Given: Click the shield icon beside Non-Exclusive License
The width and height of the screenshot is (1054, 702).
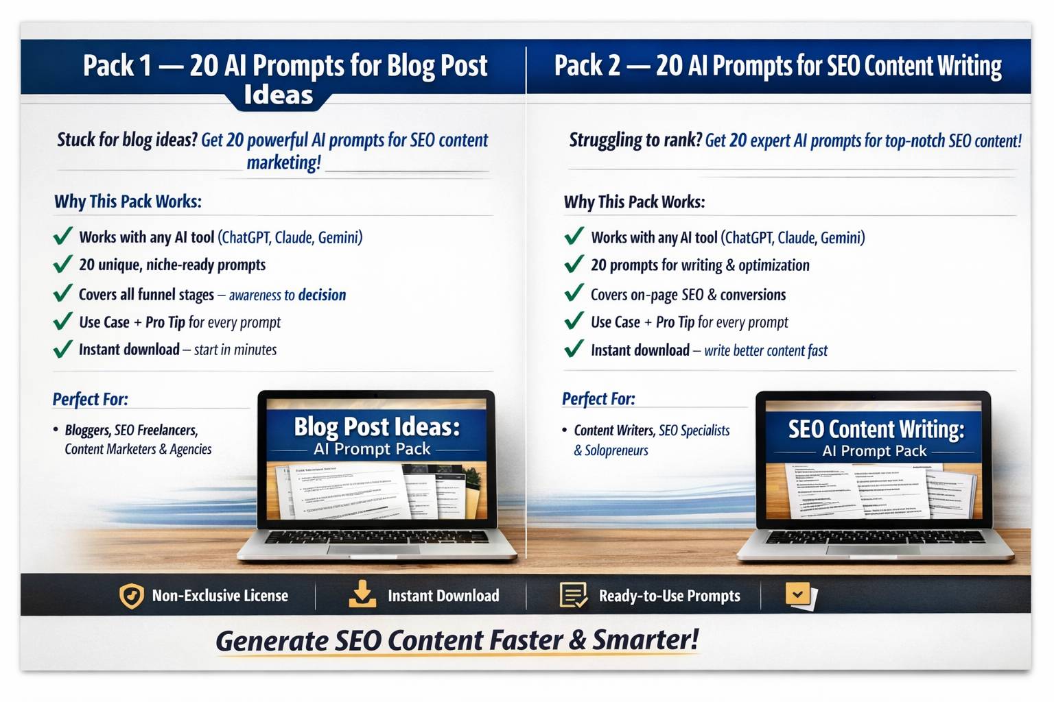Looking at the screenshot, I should [131, 596].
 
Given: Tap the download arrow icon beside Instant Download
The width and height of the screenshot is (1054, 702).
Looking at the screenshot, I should [362, 594].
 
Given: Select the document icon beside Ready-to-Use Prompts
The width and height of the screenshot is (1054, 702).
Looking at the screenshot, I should [573, 595].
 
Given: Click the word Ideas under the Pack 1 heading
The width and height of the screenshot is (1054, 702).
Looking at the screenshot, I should [279, 95].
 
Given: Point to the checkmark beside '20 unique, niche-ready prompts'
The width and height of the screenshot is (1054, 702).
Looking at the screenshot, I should [62, 265].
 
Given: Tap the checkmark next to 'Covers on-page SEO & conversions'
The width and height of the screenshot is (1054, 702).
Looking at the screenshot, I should [574, 294].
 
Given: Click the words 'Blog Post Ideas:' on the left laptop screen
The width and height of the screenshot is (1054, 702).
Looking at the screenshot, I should [377, 426].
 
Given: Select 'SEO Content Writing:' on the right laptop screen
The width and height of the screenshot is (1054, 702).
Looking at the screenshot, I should [876, 429].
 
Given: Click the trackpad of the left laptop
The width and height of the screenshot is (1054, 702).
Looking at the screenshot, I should [376, 549].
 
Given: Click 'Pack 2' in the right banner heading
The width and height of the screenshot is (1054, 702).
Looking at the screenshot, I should [587, 66].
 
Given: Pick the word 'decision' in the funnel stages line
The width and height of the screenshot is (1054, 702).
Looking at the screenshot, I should [322, 295].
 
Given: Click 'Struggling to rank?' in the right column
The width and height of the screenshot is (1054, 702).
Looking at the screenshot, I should [635, 141].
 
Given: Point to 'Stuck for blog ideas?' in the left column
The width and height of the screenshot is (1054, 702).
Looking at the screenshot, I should [127, 140].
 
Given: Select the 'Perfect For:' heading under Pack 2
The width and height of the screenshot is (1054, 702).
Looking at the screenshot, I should [598, 399].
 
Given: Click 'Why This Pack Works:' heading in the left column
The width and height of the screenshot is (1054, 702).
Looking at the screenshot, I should [128, 202].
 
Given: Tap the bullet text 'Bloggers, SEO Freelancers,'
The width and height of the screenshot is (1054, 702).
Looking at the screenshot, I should [131, 431].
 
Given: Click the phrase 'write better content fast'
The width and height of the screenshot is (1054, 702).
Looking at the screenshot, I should [766, 350].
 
